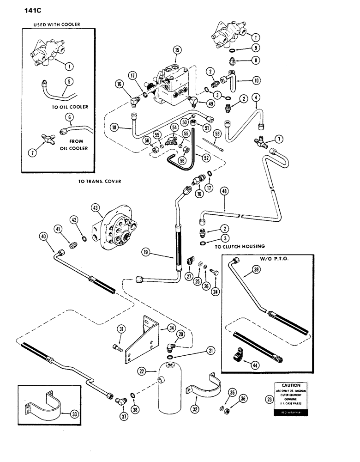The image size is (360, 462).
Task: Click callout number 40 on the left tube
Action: [x=44, y=236]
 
